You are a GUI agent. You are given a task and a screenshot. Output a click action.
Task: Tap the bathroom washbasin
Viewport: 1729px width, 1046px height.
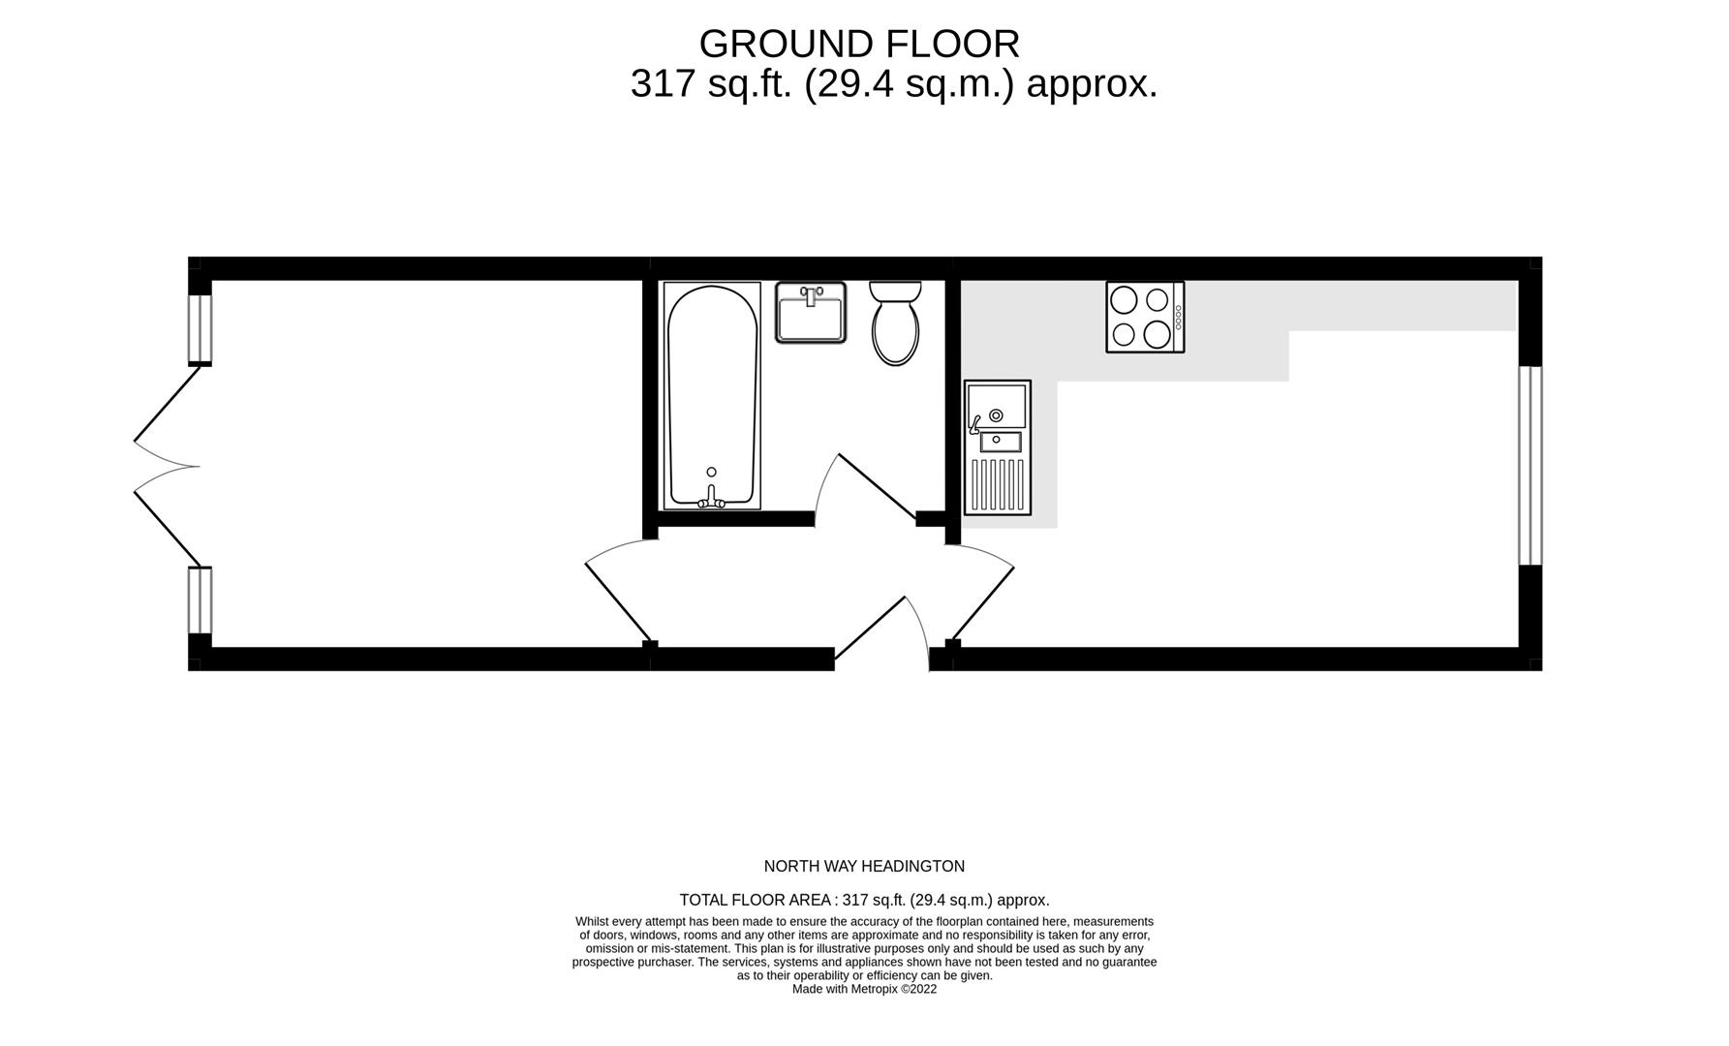[811, 312]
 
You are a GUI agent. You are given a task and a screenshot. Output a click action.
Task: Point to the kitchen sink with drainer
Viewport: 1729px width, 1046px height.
[997, 446]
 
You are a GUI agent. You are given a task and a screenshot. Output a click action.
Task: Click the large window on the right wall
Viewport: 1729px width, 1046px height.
[1529, 465]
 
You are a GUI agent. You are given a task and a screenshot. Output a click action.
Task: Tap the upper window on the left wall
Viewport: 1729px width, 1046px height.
[200, 328]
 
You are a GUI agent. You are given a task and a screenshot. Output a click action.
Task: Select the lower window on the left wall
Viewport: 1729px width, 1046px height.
[200, 600]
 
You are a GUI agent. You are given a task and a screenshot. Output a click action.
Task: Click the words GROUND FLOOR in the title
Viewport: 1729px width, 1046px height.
[859, 45]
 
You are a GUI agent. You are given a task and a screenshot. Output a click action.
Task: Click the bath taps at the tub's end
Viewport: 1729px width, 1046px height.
[712, 498]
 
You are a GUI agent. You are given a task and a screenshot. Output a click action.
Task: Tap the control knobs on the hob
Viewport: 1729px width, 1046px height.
[1178, 317]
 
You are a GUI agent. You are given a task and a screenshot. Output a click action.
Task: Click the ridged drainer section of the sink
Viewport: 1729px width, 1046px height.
[998, 483]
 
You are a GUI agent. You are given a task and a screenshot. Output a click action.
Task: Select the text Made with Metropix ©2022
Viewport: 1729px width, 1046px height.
[864, 990]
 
